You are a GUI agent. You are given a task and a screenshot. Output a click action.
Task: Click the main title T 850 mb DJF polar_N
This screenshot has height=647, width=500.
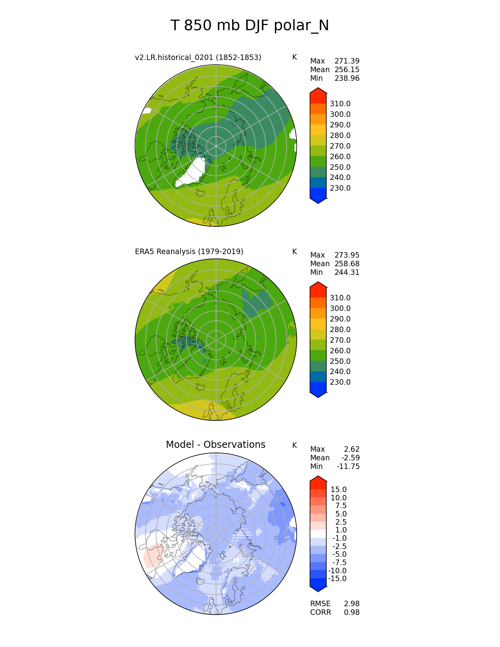pyautogui.click(x=250, y=26)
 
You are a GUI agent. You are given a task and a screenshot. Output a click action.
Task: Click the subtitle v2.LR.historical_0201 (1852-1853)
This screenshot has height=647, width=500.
pyautogui.click(x=198, y=58)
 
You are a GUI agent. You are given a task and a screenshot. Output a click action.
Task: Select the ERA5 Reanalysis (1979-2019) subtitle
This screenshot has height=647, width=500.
pyautogui.click(x=189, y=252)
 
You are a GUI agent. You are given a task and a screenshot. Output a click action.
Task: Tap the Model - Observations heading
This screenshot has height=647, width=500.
pyautogui.click(x=215, y=445)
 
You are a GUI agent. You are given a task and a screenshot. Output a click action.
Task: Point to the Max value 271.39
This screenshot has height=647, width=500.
pyautogui.click(x=347, y=61)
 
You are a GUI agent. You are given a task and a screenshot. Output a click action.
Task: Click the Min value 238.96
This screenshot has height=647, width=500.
pyautogui.click(x=347, y=78)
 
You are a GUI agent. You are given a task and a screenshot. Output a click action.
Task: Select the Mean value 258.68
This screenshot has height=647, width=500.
pyautogui.click(x=347, y=264)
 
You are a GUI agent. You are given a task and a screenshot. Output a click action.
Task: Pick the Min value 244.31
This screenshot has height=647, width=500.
pyautogui.click(x=347, y=273)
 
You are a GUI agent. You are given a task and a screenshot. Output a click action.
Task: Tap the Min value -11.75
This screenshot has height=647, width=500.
pyautogui.click(x=348, y=467)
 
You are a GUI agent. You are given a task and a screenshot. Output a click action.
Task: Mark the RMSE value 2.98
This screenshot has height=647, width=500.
pyautogui.click(x=351, y=604)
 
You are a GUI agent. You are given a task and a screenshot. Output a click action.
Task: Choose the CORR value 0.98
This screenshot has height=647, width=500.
pyautogui.click(x=351, y=612)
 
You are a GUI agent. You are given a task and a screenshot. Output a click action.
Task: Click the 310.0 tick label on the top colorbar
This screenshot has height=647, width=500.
pyautogui.click(x=340, y=104)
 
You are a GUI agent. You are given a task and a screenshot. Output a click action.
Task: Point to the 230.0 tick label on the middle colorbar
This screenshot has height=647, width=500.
pyautogui.click(x=340, y=382)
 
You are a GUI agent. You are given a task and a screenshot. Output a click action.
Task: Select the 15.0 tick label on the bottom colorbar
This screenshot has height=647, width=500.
pyautogui.click(x=338, y=490)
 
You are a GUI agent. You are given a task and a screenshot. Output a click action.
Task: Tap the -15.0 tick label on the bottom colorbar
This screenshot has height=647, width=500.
pyautogui.click(x=337, y=579)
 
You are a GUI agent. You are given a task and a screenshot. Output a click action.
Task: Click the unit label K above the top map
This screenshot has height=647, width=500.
pyautogui.click(x=295, y=58)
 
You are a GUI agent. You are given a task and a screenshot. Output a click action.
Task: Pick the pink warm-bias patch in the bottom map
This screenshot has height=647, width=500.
pyautogui.click(x=152, y=556)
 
